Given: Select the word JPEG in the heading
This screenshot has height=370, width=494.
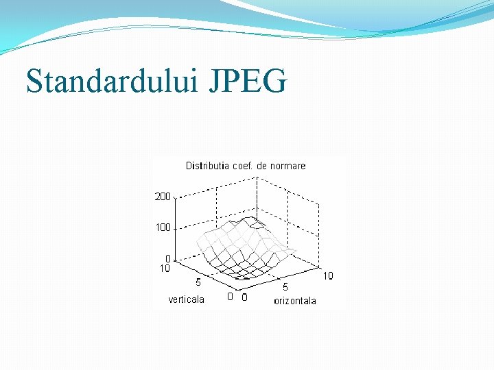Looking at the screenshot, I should [x=246, y=82].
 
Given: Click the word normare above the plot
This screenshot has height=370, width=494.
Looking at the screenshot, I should [x=287, y=166].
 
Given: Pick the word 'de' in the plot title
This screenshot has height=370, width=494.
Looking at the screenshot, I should [x=262, y=166].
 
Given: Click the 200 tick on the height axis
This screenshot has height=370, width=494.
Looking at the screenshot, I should [x=163, y=197].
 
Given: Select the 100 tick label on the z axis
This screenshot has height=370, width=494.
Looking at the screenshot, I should [x=163, y=227].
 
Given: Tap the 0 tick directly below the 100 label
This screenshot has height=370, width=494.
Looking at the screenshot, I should [x=167, y=259].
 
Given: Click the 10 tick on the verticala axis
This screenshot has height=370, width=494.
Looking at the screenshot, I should [x=165, y=269].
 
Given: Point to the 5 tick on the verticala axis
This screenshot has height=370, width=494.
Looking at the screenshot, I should [x=198, y=282].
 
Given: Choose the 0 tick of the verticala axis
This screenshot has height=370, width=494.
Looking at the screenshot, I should [x=231, y=297].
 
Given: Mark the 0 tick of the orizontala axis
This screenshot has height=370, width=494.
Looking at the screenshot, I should [x=245, y=297].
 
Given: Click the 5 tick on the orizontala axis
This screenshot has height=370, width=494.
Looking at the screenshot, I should [x=285, y=288].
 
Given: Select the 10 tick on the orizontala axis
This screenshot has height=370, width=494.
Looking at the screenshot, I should [x=328, y=275].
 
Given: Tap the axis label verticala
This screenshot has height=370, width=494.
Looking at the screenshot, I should [x=187, y=299].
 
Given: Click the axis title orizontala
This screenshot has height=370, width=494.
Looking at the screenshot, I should [x=295, y=301].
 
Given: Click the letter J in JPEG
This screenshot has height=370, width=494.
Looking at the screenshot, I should [x=212, y=82].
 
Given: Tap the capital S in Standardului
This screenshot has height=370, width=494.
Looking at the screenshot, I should [x=34, y=82].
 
